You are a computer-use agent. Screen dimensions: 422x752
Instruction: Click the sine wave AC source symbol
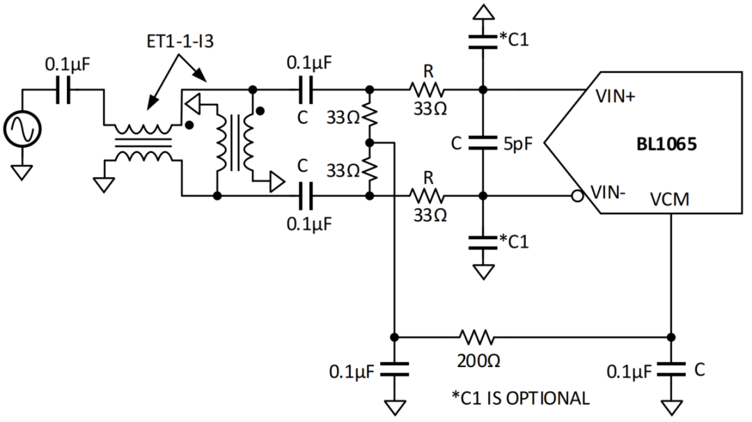[22, 129]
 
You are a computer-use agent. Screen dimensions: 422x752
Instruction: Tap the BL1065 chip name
[666, 146]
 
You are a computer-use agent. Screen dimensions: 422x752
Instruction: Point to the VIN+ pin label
[615, 97]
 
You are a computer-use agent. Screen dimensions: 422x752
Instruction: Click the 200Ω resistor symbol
[476, 338]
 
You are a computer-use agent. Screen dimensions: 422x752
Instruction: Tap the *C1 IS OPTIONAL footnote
[520, 398]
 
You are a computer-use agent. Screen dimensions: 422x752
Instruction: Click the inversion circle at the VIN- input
[577, 197]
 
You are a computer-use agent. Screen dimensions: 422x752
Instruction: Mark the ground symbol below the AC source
[22, 171]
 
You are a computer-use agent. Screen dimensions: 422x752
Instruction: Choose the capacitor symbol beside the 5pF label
[481, 143]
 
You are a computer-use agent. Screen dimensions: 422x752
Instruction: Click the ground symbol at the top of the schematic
[481, 11]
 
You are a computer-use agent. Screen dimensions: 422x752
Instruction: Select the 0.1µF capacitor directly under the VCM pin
[671, 370]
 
